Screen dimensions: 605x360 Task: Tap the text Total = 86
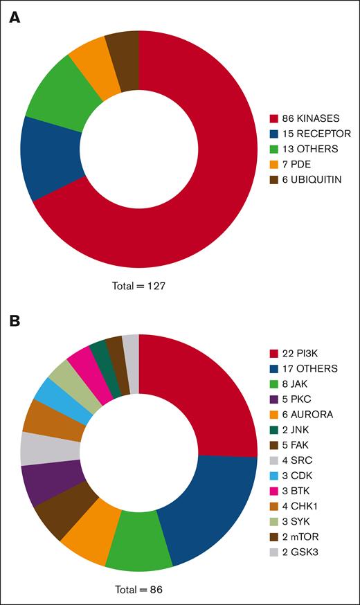[x=138, y=590]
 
